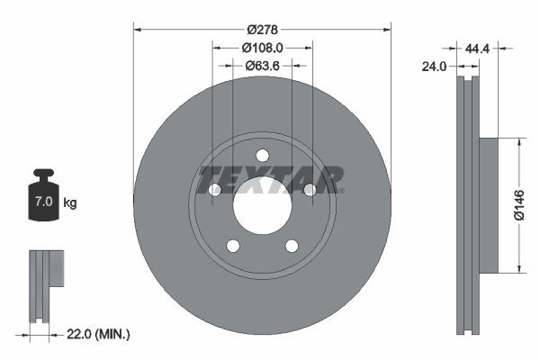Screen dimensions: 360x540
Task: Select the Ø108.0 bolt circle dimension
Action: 263,47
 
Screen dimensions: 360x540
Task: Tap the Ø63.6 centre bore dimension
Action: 262,65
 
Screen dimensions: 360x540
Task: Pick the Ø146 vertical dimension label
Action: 518,205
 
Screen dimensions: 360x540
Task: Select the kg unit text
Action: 70,203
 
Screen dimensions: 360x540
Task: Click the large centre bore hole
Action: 262,205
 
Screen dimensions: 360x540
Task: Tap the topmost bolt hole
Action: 262,155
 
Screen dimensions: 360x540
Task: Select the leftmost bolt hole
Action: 214,190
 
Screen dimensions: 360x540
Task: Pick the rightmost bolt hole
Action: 310,190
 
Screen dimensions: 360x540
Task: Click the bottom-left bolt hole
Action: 232,246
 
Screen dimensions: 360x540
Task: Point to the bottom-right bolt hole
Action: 292,246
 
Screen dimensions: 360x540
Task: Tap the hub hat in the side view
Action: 487,205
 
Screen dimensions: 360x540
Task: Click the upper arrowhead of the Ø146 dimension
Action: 519,141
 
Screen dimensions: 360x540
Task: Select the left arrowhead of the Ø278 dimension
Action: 138,29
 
